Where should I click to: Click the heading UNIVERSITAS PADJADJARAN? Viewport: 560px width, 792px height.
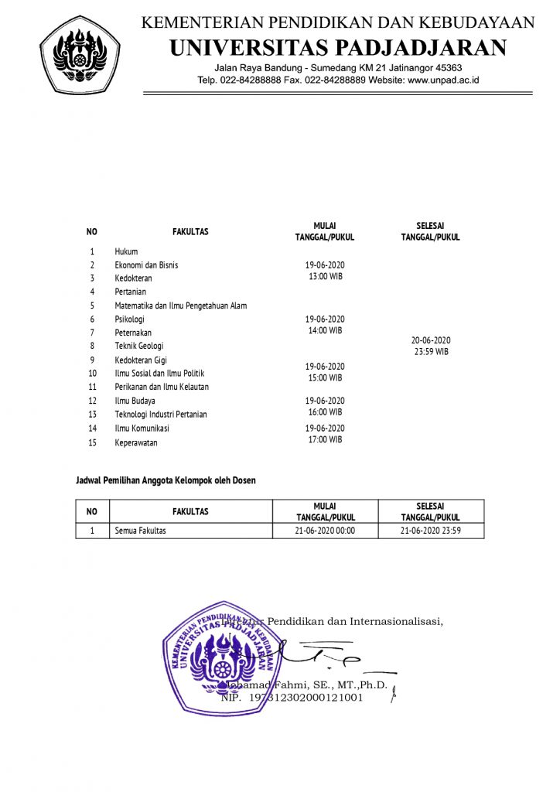(x=338, y=48)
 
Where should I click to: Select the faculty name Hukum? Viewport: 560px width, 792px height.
(x=126, y=251)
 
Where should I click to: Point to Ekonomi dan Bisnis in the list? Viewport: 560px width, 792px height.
(x=146, y=265)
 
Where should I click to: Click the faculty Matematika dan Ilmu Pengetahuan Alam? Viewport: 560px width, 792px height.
(x=180, y=306)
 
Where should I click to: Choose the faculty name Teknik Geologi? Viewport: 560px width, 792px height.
(x=139, y=346)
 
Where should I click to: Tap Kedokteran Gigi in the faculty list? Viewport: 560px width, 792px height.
(x=141, y=360)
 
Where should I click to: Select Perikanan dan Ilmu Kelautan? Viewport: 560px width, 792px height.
(x=162, y=386)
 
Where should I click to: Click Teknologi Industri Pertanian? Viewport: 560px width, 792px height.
(x=161, y=414)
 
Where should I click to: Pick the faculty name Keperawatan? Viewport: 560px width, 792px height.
(x=136, y=443)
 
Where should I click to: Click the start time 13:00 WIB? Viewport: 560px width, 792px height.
(x=325, y=276)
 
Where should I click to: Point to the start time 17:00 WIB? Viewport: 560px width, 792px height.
(x=325, y=439)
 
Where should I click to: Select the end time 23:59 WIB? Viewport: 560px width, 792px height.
(x=430, y=351)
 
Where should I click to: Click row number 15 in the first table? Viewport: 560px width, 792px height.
(x=92, y=443)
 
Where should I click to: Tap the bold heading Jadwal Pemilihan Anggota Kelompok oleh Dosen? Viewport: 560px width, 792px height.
(x=166, y=480)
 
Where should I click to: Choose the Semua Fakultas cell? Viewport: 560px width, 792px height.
(x=140, y=531)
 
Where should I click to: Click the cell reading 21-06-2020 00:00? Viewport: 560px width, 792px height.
(x=325, y=531)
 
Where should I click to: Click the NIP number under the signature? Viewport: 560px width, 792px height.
(x=292, y=698)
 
